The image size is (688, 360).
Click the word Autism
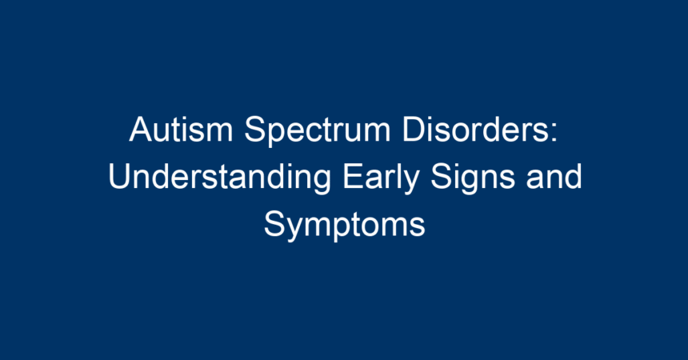coord(181,129)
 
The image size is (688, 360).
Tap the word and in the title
coord(554,177)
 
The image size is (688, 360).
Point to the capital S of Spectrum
coord(256,129)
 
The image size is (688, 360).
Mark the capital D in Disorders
coord(414,129)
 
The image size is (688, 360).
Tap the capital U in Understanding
coord(120,177)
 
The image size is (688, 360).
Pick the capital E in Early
coord(354,177)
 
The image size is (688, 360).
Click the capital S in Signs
coord(442,177)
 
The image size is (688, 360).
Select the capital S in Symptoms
coord(276,224)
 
